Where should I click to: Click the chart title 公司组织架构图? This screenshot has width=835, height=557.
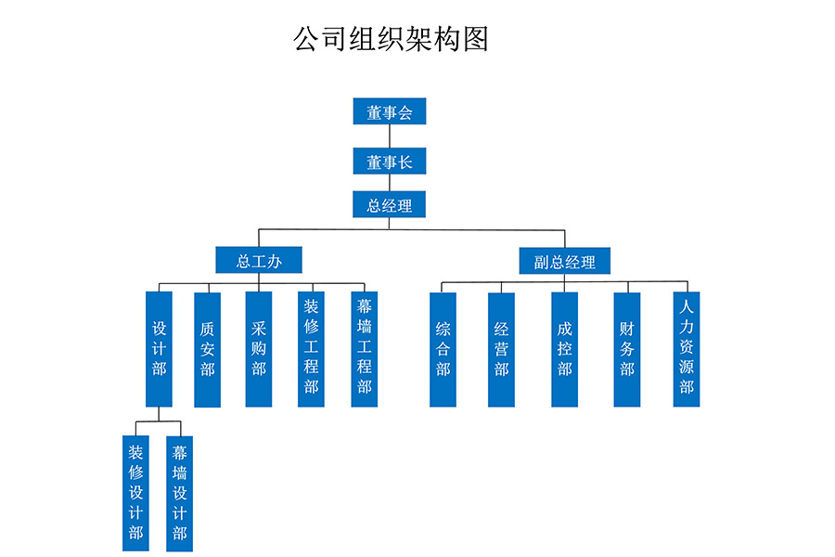(x=391, y=39)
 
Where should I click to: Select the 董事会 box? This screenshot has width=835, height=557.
(x=389, y=111)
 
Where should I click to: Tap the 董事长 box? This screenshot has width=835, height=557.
(x=389, y=162)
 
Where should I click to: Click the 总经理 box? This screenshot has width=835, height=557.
(x=389, y=204)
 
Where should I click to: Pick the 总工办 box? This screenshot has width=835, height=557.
(x=259, y=260)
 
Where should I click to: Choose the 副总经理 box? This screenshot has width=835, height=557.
(x=564, y=261)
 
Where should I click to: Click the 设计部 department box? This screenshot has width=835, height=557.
(x=159, y=349)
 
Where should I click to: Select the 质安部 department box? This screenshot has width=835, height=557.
(x=207, y=349)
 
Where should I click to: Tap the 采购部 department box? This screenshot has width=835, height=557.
(x=259, y=349)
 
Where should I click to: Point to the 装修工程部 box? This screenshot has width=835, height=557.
(x=311, y=349)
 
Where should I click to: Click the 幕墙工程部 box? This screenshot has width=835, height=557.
(x=364, y=349)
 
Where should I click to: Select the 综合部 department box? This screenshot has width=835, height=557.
(x=443, y=349)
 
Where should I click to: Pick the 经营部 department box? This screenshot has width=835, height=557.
(x=501, y=349)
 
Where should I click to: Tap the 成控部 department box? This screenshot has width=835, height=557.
(x=564, y=349)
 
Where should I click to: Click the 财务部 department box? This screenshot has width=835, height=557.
(x=626, y=349)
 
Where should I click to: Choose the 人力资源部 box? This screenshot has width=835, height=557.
(x=686, y=349)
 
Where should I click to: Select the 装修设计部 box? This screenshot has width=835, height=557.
(x=135, y=493)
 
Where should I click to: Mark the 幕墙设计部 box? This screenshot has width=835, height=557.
(x=179, y=493)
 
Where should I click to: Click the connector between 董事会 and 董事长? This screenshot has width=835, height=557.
(x=389, y=136)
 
